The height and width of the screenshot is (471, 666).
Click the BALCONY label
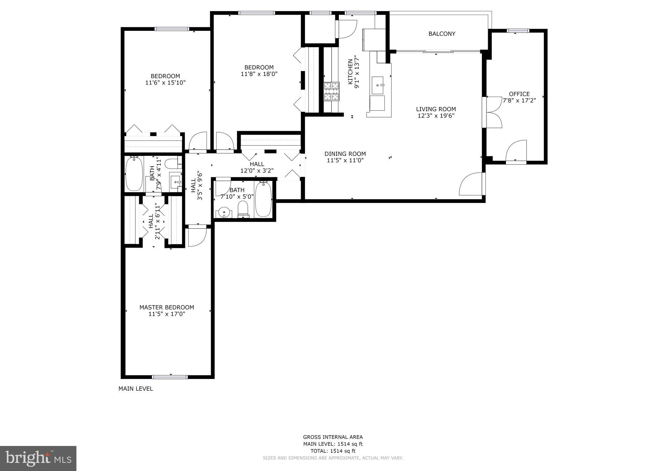442,34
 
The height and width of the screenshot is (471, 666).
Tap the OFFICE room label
519,94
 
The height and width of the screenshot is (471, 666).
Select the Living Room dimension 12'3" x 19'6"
436,115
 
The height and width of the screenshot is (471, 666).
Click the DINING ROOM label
345,154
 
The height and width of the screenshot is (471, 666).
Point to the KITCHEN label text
350,72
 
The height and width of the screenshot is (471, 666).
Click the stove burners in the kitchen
331,91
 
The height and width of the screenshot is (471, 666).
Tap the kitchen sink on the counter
378,85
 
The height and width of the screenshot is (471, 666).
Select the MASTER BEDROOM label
166,307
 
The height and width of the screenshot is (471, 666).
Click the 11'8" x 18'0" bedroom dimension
259,74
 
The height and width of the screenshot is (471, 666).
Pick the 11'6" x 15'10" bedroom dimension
165,83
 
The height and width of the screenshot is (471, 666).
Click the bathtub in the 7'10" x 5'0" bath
263,199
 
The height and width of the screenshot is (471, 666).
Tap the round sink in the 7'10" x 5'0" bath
224,212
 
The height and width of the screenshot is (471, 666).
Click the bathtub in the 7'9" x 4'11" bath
134,174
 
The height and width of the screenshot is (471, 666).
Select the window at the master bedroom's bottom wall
170,377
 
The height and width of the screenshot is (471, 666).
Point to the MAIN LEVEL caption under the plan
135,389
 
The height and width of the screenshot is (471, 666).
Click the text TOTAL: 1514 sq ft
333,451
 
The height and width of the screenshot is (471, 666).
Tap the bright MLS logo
38,458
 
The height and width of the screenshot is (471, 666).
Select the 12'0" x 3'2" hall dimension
257,170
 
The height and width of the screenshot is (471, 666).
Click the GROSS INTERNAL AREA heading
333,437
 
